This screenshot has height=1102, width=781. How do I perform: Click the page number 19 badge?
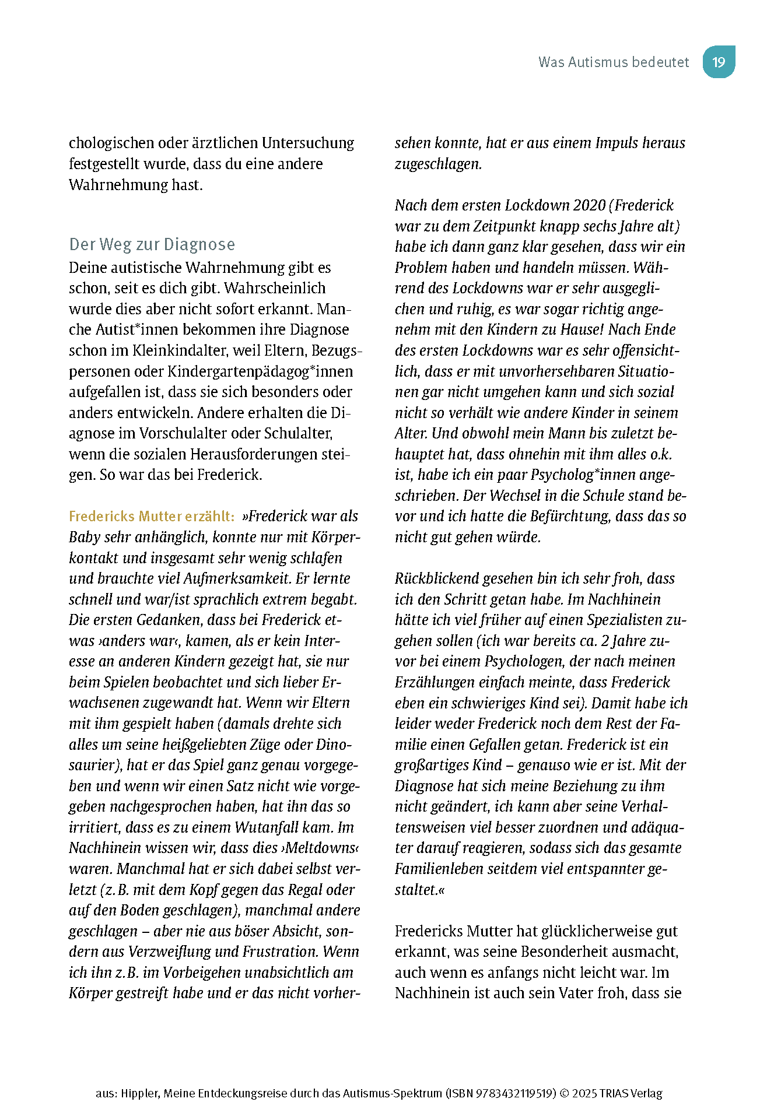719,62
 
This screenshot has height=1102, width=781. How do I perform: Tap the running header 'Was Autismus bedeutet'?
613,62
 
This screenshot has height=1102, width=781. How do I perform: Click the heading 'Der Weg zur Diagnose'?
152,244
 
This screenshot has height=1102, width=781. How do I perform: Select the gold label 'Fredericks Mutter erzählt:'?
152,516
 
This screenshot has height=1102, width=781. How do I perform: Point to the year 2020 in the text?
589,205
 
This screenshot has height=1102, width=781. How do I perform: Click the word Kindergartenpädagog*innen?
260,371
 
